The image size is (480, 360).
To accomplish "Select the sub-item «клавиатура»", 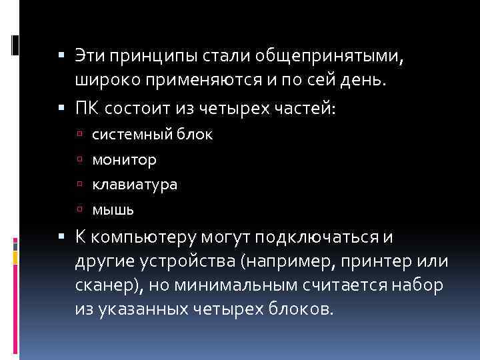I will (x=135, y=184).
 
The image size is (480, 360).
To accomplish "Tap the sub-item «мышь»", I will (x=113, y=209).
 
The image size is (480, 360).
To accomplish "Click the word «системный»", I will (x=130, y=134).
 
